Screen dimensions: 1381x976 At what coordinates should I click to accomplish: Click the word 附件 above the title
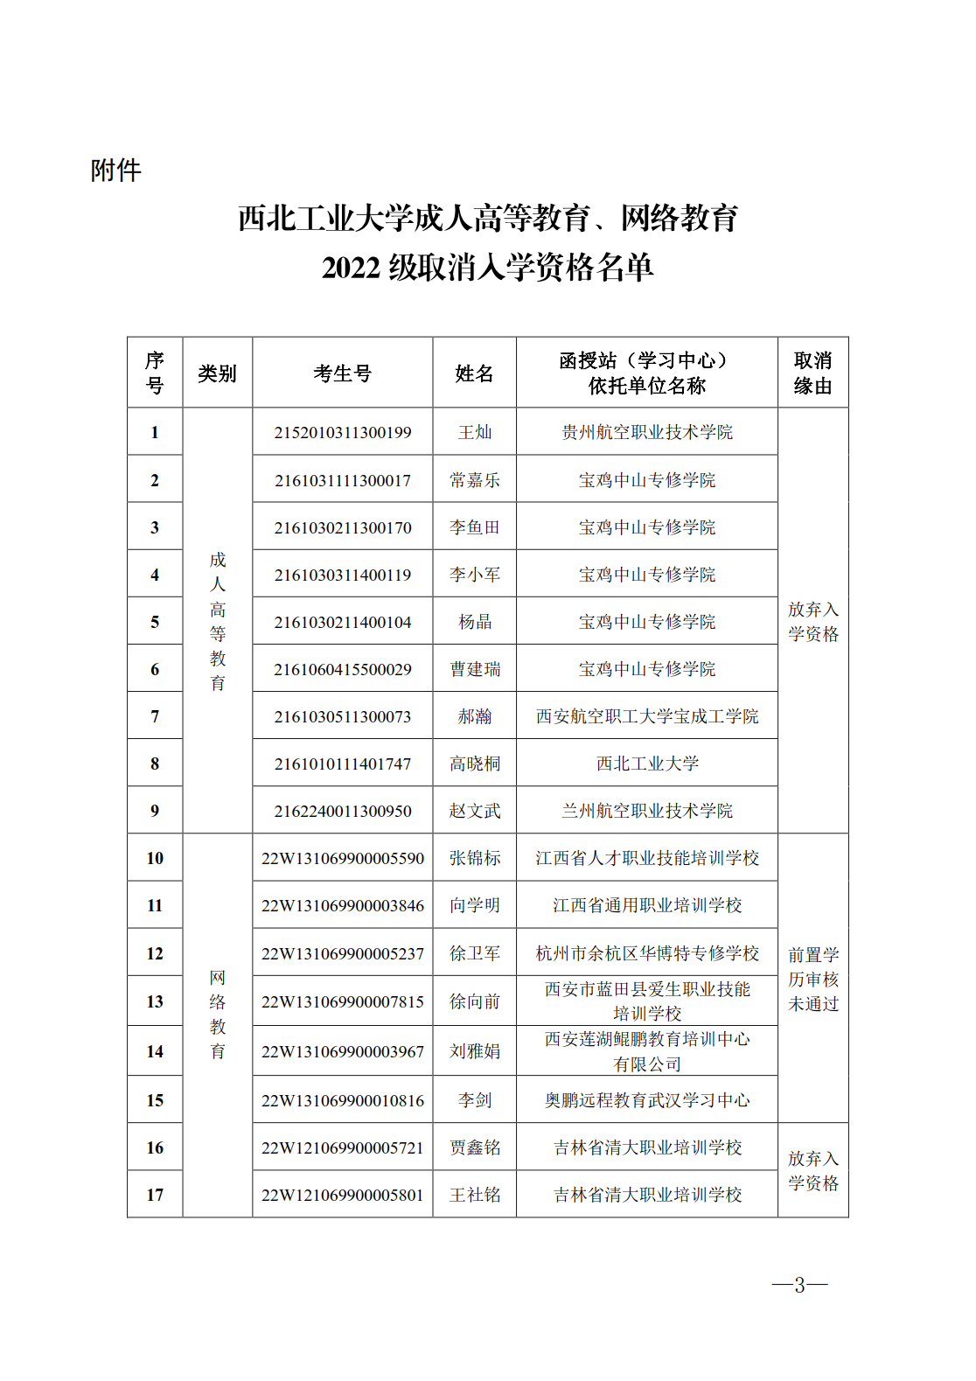click(x=115, y=171)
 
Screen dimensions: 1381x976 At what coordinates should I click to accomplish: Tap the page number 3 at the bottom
click(x=799, y=1285)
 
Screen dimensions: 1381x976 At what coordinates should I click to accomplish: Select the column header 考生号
click(x=342, y=373)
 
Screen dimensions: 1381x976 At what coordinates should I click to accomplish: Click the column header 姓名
click(x=474, y=373)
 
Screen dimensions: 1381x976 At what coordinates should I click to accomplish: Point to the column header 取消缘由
click(x=812, y=373)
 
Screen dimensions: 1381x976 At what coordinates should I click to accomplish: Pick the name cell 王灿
click(x=475, y=432)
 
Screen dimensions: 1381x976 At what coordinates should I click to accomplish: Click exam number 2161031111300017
click(x=342, y=480)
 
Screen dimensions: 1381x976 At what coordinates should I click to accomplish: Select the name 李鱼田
click(x=475, y=527)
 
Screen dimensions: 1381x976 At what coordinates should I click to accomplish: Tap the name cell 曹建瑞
click(x=475, y=669)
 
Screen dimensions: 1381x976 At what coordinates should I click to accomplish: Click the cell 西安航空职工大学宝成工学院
click(x=647, y=716)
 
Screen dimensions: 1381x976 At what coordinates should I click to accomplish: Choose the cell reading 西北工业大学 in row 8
click(x=647, y=764)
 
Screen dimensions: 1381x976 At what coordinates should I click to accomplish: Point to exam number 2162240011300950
click(x=342, y=811)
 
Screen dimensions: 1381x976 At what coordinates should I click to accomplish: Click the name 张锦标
click(x=475, y=858)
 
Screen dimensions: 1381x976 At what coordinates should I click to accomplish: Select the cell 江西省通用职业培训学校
click(x=647, y=905)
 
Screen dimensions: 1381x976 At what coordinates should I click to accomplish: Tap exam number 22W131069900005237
click(x=342, y=953)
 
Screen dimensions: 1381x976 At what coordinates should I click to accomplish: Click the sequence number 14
click(x=155, y=1051)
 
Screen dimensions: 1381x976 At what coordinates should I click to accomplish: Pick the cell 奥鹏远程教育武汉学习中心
click(x=647, y=1100)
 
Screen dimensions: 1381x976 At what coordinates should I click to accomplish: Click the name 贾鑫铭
click(x=475, y=1147)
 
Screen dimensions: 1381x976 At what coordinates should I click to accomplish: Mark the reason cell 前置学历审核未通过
click(x=812, y=979)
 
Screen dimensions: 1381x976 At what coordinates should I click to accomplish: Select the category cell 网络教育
click(x=218, y=1015)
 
